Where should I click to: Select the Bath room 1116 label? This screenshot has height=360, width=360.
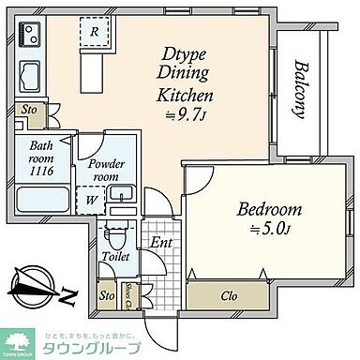pos(43,153)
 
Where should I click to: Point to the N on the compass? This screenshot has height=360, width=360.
pos(69,296)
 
